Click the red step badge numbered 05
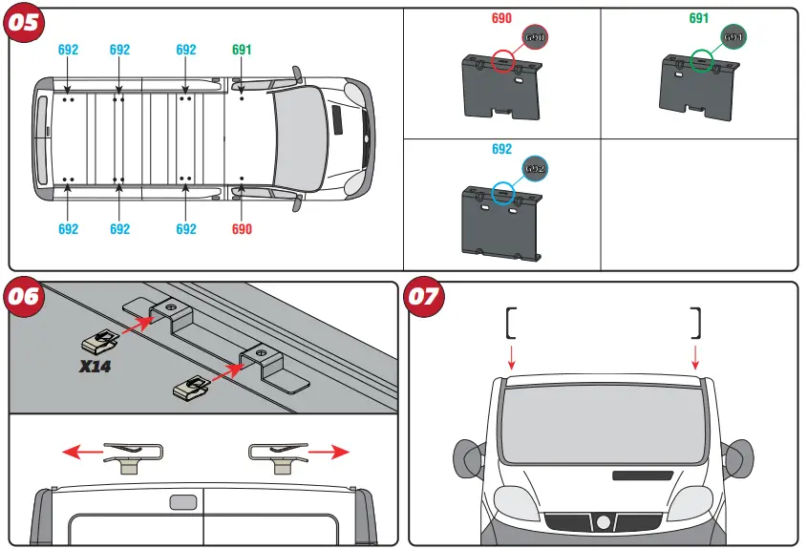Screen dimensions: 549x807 [25, 22]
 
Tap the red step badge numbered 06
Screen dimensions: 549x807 [25, 296]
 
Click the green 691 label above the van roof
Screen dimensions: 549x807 [243, 50]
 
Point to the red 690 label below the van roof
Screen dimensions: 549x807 [243, 229]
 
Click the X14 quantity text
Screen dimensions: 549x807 [96, 366]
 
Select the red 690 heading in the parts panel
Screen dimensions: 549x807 [501, 18]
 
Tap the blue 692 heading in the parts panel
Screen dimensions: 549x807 [501, 149]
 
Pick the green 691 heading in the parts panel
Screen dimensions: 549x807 [699, 18]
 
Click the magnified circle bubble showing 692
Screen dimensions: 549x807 [535, 168]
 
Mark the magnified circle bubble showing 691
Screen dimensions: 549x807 [733, 37]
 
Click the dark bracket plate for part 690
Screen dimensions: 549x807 [500, 91]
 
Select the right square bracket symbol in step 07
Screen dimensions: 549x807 [696, 324]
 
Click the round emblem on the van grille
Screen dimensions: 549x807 [603, 522]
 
